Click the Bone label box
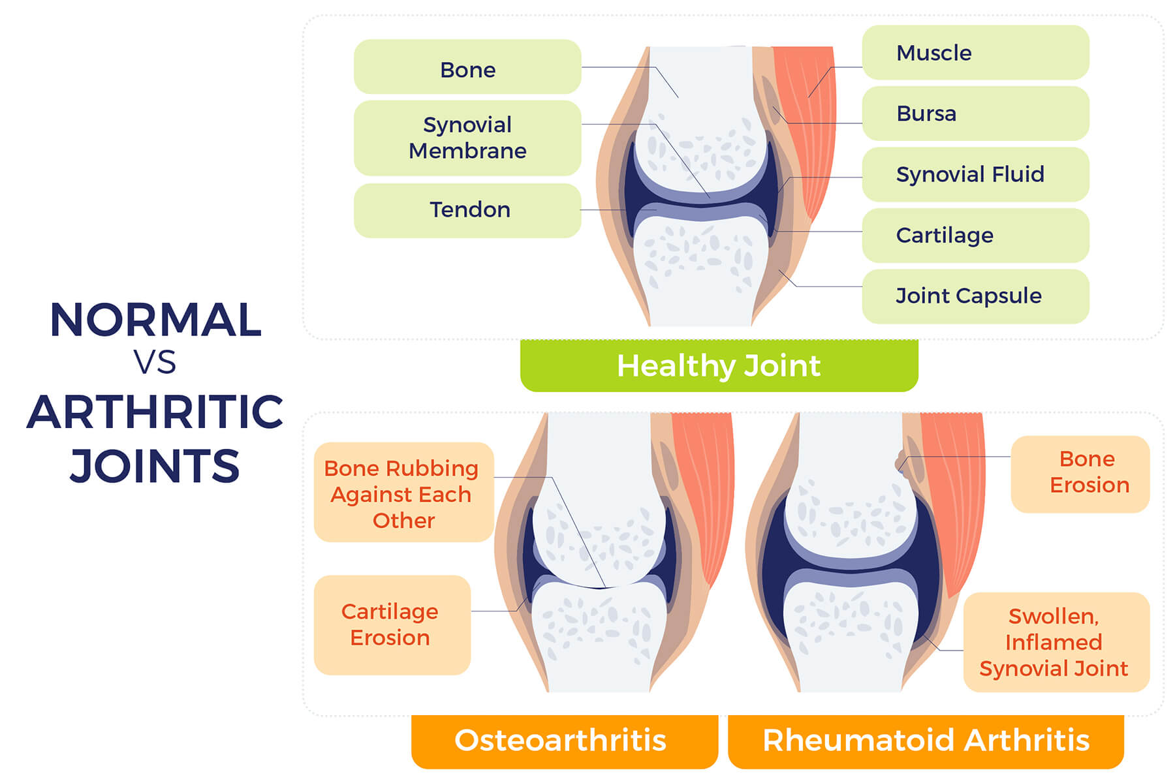[467, 67]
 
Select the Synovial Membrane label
[467, 138]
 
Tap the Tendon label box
[467, 210]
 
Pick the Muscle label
[975, 52]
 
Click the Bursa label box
[975, 114]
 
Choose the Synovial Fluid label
[975, 174]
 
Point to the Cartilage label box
[975, 235]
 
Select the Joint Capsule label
[975, 296]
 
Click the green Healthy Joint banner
[719, 365]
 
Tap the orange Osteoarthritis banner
[565, 741]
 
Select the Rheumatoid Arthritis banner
[926, 741]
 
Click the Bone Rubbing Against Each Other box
[403, 493]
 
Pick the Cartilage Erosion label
[392, 624]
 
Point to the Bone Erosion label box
[1080, 474]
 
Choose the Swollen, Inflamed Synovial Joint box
[1056, 642]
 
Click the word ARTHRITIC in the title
[155, 412]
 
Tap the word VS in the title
[155, 363]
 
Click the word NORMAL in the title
[155, 320]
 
